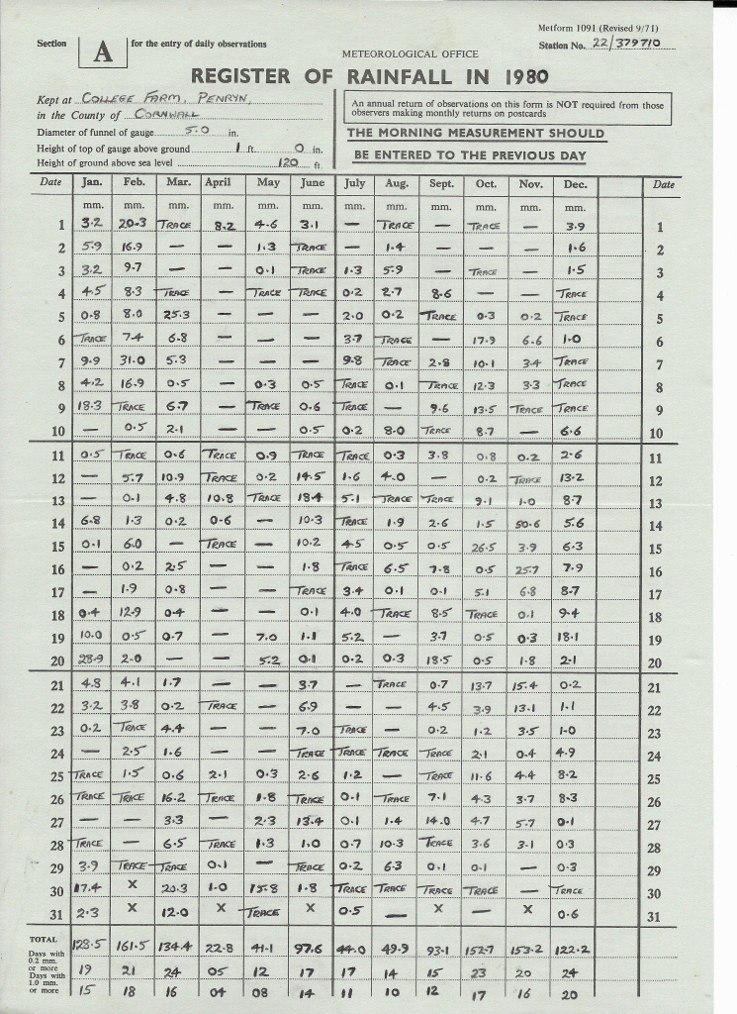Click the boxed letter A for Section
tap(102, 54)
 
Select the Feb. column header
tap(134, 183)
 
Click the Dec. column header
tap(575, 183)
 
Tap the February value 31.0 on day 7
tap(134, 360)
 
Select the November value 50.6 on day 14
tap(529, 523)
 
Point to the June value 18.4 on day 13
tap(312, 500)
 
